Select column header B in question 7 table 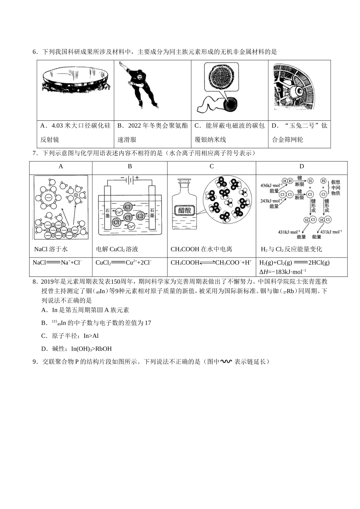pyautogui.click(x=130, y=167)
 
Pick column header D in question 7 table pyautogui.click(x=302, y=167)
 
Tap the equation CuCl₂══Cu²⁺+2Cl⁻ pyautogui.click(x=124, y=262)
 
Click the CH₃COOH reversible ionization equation pyautogui.click(x=211, y=262)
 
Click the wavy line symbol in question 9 pyautogui.click(x=226, y=362)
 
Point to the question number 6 pyautogui.click(x=35, y=52)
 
